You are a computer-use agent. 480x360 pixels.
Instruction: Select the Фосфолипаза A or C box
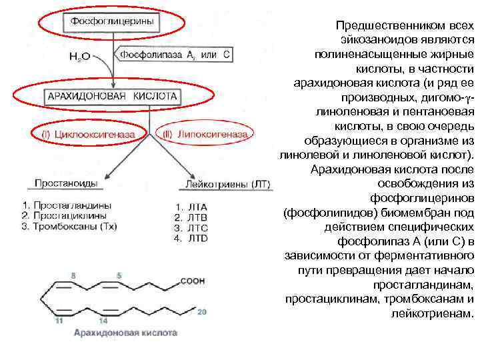click(175, 55)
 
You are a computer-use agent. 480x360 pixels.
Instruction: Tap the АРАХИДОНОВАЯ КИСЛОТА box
click(113, 96)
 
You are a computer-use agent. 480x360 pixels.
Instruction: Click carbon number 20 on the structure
click(203, 311)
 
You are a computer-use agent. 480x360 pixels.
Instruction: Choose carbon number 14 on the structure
click(103, 321)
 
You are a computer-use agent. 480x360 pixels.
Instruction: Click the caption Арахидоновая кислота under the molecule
click(125, 332)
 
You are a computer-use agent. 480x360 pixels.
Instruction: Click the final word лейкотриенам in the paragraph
click(433, 313)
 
